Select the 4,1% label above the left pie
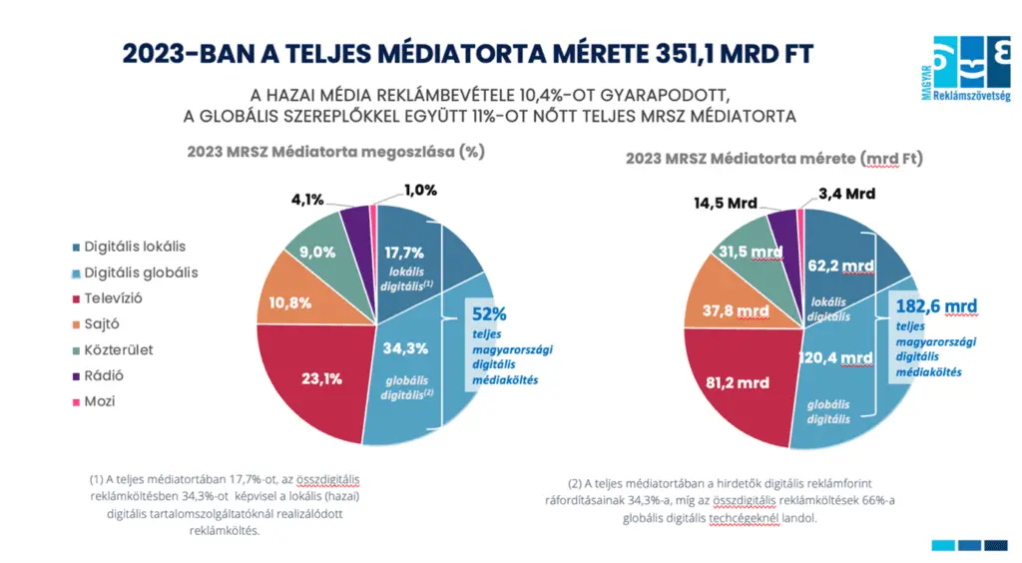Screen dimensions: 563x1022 click(307, 200)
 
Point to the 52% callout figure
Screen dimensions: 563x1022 click(489, 312)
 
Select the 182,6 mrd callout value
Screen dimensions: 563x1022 click(936, 305)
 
